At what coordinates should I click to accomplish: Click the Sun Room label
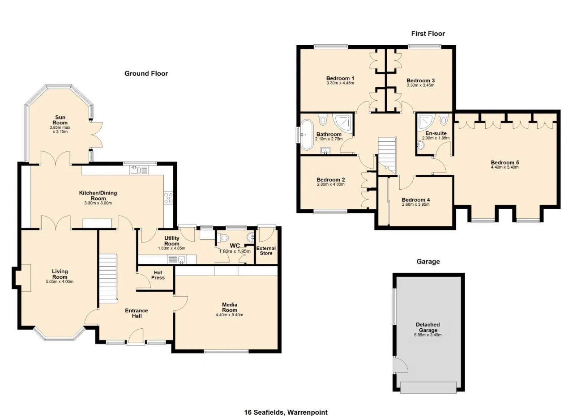(x=60, y=120)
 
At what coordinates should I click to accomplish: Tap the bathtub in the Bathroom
(x=307, y=134)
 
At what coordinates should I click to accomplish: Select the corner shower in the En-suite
(x=426, y=121)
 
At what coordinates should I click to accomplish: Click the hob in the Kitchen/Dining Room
(x=168, y=198)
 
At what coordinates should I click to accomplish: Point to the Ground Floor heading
(x=146, y=74)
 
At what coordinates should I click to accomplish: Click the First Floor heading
(x=428, y=34)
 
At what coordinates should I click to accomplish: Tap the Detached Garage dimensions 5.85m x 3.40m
(x=428, y=335)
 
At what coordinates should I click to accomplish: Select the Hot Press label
(x=158, y=275)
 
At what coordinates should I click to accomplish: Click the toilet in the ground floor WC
(x=222, y=238)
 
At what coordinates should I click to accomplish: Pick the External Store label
(x=266, y=250)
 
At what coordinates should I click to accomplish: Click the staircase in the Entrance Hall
(x=108, y=278)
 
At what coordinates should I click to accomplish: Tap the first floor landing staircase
(x=387, y=156)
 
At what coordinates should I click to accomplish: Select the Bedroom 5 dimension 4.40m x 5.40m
(x=505, y=167)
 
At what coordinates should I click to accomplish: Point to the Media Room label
(x=230, y=307)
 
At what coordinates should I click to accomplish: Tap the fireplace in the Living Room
(x=23, y=278)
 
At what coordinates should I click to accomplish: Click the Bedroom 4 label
(x=416, y=200)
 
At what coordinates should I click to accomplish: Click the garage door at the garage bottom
(x=428, y=387)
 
